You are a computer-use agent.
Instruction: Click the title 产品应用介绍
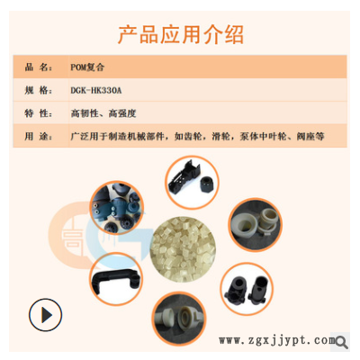click(x=180, y=34)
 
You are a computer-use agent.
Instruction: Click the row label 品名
click(x=38, y=67)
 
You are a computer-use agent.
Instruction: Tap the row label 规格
click(x=38, y=90)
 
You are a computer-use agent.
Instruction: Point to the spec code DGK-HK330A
click(x=99, y=90)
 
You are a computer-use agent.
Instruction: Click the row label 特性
click(x=38, y=113)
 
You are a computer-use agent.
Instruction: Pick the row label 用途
click(x=38, y=137)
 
